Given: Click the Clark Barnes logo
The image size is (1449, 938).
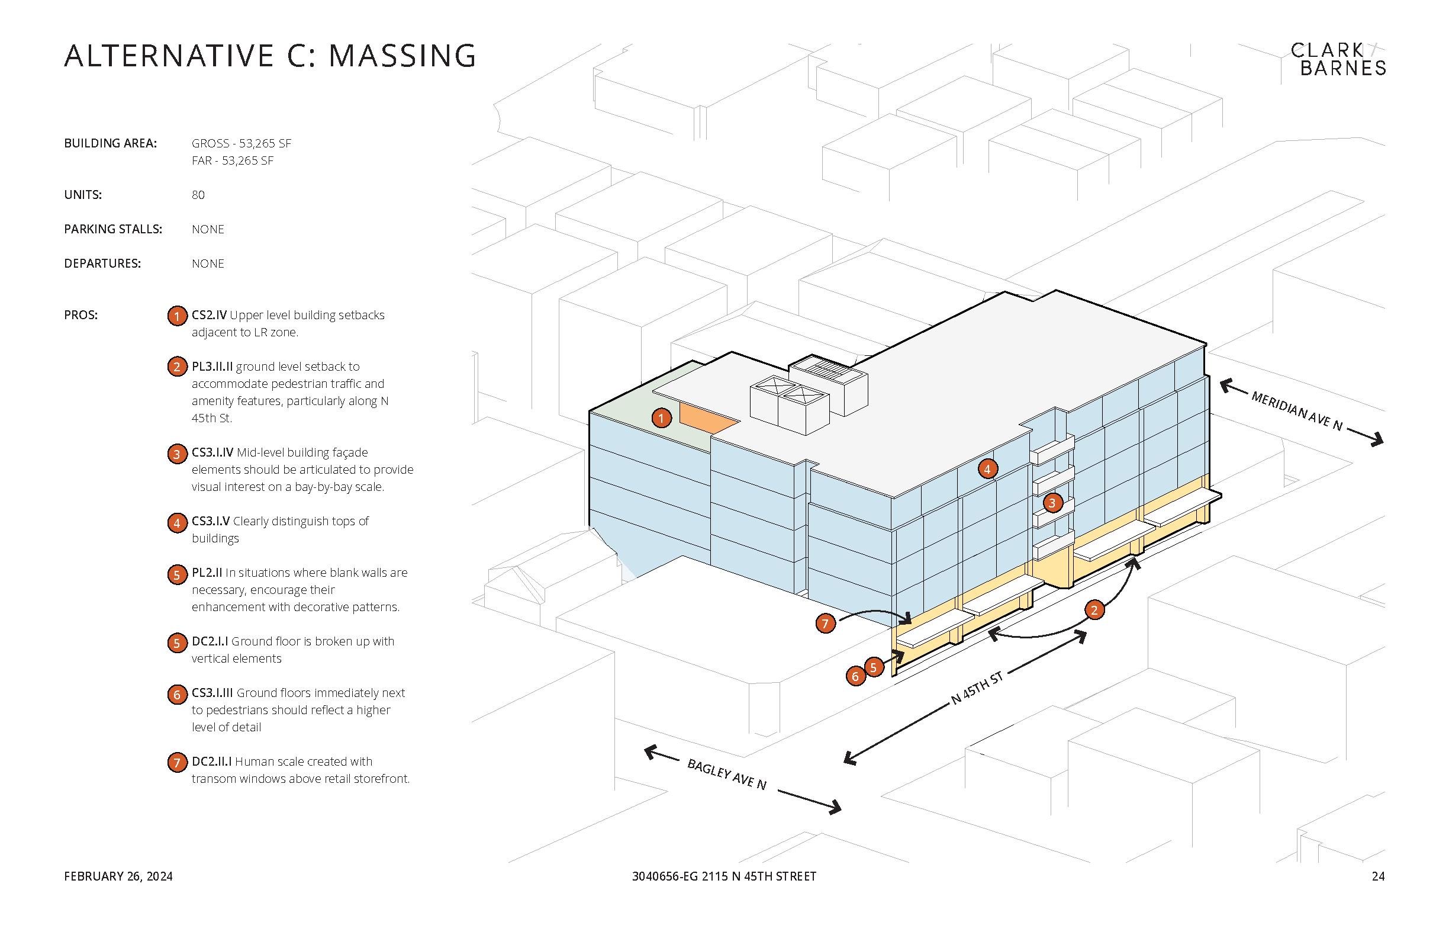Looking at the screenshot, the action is [1338, 59].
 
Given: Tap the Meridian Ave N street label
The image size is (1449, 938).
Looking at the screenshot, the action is [1296, 410].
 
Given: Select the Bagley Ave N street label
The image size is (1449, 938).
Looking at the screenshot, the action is [726, 774].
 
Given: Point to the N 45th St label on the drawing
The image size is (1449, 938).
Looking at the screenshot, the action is [977, 689].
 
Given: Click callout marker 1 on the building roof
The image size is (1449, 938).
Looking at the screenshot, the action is [661, 418].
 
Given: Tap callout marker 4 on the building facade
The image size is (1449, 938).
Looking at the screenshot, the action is [987, 468].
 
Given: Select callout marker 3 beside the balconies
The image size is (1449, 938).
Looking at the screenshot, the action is [1052, 503].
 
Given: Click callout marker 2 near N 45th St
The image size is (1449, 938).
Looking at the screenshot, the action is [1094, 610].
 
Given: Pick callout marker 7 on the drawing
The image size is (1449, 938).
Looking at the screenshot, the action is [825, 623].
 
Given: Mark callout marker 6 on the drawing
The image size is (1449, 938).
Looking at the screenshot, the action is [855, 676].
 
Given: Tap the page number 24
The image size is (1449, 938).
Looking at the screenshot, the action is [1379, 876].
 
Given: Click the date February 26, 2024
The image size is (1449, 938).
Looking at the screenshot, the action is [118, 876].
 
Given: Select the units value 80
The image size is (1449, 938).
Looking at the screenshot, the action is [198, 195].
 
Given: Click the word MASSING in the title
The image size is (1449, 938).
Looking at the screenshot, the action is [402, 56].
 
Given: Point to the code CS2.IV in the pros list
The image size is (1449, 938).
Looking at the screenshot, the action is [209, 315].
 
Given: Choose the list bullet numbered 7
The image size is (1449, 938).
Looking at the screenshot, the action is [176, 762].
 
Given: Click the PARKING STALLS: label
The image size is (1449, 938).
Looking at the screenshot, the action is [113, 229].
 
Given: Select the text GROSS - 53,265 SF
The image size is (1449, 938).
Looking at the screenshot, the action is [241, 143].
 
